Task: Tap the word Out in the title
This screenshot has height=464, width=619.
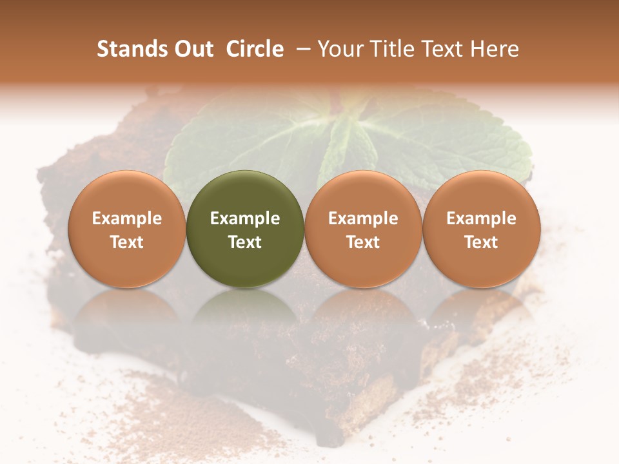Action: (193, 49)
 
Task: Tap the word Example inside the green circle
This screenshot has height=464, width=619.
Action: (245, 218)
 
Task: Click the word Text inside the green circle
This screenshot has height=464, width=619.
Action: (245, 242)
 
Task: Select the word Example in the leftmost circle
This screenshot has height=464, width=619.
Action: (126, 218)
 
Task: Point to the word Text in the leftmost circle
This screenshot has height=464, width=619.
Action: (126, 242)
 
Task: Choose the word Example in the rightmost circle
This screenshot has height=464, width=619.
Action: (481, 218)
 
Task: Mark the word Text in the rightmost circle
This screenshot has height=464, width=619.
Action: (481, 242)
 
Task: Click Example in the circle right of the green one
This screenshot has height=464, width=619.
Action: (363, 218)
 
